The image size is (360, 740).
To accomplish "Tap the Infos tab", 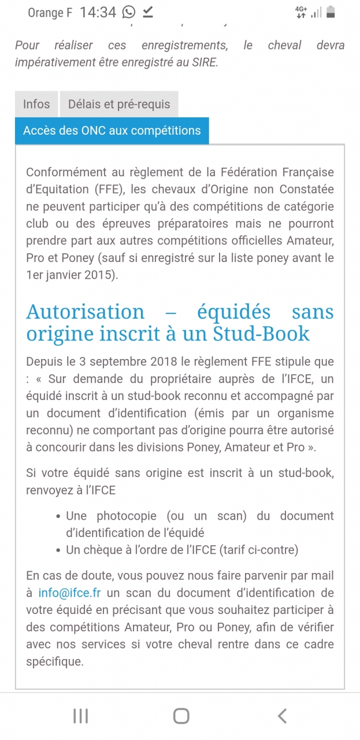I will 36,105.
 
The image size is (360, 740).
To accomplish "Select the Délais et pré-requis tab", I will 119,105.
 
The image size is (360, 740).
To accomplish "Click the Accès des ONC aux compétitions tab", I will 112,131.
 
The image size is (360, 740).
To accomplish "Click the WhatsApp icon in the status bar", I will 129,12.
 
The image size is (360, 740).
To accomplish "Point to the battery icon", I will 331,12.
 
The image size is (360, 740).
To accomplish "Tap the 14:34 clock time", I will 98,12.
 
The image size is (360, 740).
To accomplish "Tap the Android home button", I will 181,716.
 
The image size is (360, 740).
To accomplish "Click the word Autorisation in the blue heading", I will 85,312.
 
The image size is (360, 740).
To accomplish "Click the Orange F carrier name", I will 50,13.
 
